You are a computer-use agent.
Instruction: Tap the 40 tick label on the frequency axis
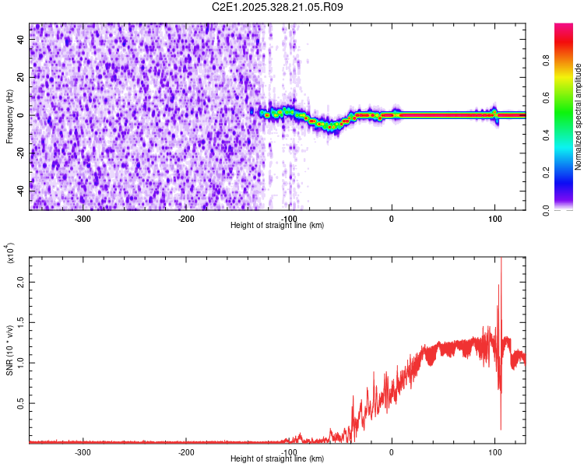pos(20,41)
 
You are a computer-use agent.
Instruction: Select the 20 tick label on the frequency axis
pos(20,78)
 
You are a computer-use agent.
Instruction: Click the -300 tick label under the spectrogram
pos(83,218)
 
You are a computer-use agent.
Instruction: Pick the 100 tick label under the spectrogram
pos(494,218)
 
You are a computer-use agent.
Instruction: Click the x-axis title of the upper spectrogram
pos(277,225)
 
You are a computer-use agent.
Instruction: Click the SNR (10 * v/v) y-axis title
pos(9,349)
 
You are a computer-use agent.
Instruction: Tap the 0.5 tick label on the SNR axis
pos(20,402)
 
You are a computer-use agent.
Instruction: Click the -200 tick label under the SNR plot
pos(185,451)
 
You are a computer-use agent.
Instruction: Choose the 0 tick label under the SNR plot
pos(392,451)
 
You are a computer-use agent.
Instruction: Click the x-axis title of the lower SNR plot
pos(277,459)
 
